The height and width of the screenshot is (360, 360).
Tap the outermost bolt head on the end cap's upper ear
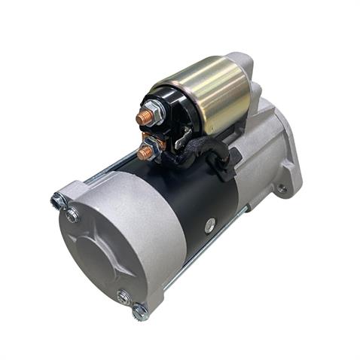click(58, 200)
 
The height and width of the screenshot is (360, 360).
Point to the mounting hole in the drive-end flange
click(281, 189)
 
